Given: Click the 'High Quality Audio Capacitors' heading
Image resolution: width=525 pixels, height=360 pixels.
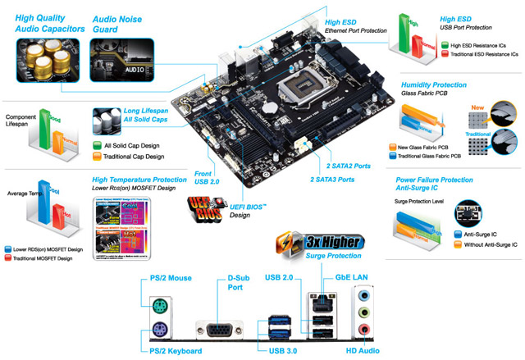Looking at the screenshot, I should pyautogui.click(x=48, y=22).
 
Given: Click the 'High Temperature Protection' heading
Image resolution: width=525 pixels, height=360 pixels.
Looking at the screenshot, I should pyautogui.click(x=139, y=179).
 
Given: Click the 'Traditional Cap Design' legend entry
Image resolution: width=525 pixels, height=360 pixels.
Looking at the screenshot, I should pyautogui.click(x=144, y=156).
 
